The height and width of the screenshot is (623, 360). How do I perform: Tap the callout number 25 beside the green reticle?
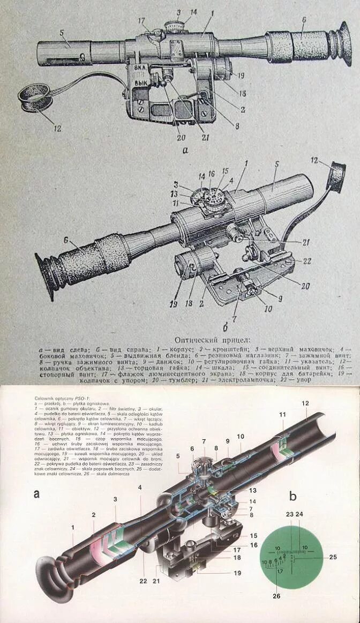click(x=333, y=557)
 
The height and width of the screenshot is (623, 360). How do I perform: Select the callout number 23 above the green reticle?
click(x=290, y=514)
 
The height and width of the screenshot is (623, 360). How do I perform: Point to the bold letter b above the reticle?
click(x=292, y=495)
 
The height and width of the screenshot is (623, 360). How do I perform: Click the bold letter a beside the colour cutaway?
click(x=36, y=494)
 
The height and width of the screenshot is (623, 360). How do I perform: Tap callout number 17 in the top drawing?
click(x=141, y=21)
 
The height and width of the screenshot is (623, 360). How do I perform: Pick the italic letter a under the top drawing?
click(x=185, y=151)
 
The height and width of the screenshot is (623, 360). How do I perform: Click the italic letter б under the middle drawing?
click(x=226, y=327)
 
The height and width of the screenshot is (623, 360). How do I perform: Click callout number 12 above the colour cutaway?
click(x=305, y=403)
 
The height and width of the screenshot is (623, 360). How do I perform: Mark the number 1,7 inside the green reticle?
click(x=280, y=570)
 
